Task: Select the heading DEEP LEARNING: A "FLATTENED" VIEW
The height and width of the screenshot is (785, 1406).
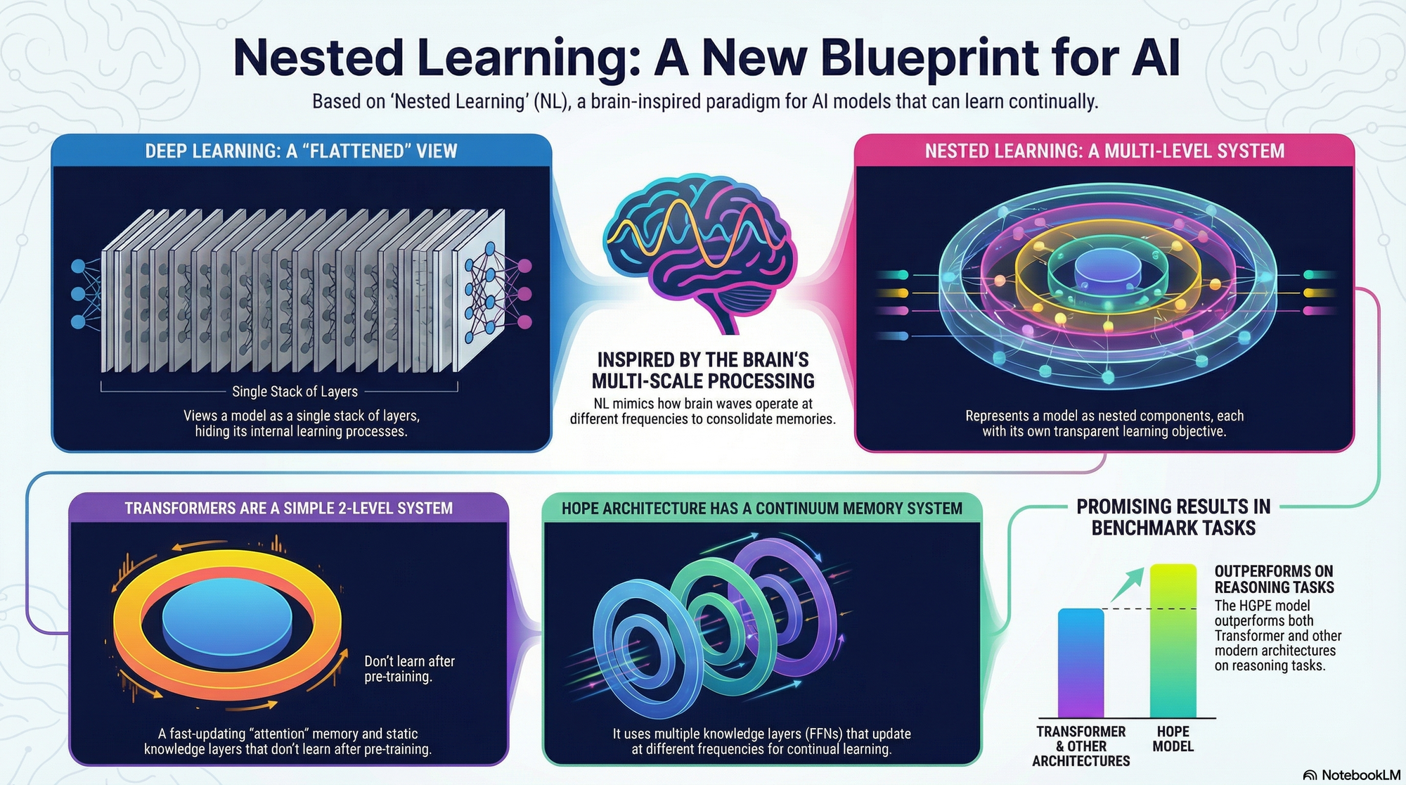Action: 301,151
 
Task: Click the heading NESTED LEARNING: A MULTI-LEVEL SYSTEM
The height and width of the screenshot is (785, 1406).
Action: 1104,151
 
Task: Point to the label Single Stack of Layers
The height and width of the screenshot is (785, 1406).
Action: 295,392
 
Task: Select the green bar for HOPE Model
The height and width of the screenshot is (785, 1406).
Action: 1173,640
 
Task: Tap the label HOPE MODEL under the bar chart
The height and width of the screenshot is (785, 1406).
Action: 1173,739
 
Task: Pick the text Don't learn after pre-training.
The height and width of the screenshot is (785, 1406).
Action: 409,669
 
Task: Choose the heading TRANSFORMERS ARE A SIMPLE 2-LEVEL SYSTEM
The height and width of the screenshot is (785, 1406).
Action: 288,508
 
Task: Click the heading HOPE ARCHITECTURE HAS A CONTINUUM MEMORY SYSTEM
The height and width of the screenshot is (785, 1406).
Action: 761,508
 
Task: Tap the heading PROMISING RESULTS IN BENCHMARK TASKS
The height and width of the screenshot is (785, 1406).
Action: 1173,517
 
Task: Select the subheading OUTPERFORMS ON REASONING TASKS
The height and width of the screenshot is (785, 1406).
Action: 1274,579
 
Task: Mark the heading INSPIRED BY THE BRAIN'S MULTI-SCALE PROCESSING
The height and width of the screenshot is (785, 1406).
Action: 702,371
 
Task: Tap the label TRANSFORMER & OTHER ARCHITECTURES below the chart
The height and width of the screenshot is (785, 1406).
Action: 1081,746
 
